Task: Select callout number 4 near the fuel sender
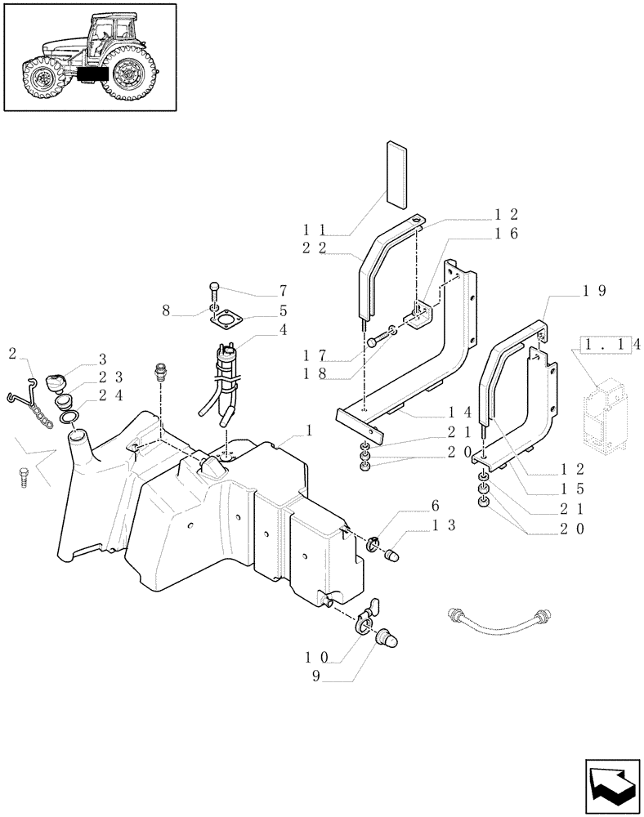[283, 330]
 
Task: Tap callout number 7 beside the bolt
[283, 291]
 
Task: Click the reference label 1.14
[609, 346]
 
